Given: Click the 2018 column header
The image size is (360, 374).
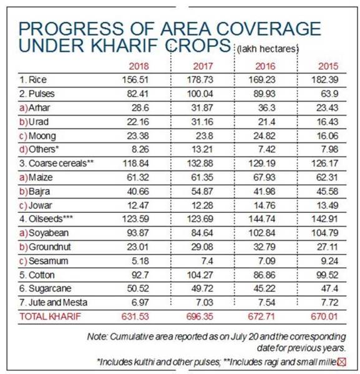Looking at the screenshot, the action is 139,66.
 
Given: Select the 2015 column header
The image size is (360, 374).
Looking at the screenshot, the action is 328,66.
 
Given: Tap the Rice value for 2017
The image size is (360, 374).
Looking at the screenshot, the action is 200,80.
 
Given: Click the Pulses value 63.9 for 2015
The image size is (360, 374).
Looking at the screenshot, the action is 329,94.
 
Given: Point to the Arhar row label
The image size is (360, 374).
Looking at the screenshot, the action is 34,108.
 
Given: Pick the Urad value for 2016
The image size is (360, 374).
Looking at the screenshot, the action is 267,122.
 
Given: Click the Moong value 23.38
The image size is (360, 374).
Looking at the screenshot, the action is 138,136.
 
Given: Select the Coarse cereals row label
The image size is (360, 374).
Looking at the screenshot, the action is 57,164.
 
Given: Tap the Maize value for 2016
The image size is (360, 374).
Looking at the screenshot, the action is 265,177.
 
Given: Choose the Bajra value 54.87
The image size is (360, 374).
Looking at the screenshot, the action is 202,192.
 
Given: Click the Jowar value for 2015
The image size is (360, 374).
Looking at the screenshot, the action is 328,205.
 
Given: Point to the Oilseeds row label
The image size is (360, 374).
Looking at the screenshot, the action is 46,219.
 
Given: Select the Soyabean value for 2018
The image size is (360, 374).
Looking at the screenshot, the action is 138,233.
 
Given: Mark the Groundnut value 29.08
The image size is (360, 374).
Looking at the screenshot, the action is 202,247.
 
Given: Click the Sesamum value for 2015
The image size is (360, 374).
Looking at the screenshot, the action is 329,261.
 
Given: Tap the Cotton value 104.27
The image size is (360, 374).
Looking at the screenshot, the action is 200,275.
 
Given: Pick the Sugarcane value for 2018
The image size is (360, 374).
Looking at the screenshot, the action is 138,288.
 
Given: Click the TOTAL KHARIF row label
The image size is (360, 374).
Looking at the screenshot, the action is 51,317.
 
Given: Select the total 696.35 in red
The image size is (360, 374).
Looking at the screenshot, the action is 200,317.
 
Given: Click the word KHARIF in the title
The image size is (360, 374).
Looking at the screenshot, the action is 124,46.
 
